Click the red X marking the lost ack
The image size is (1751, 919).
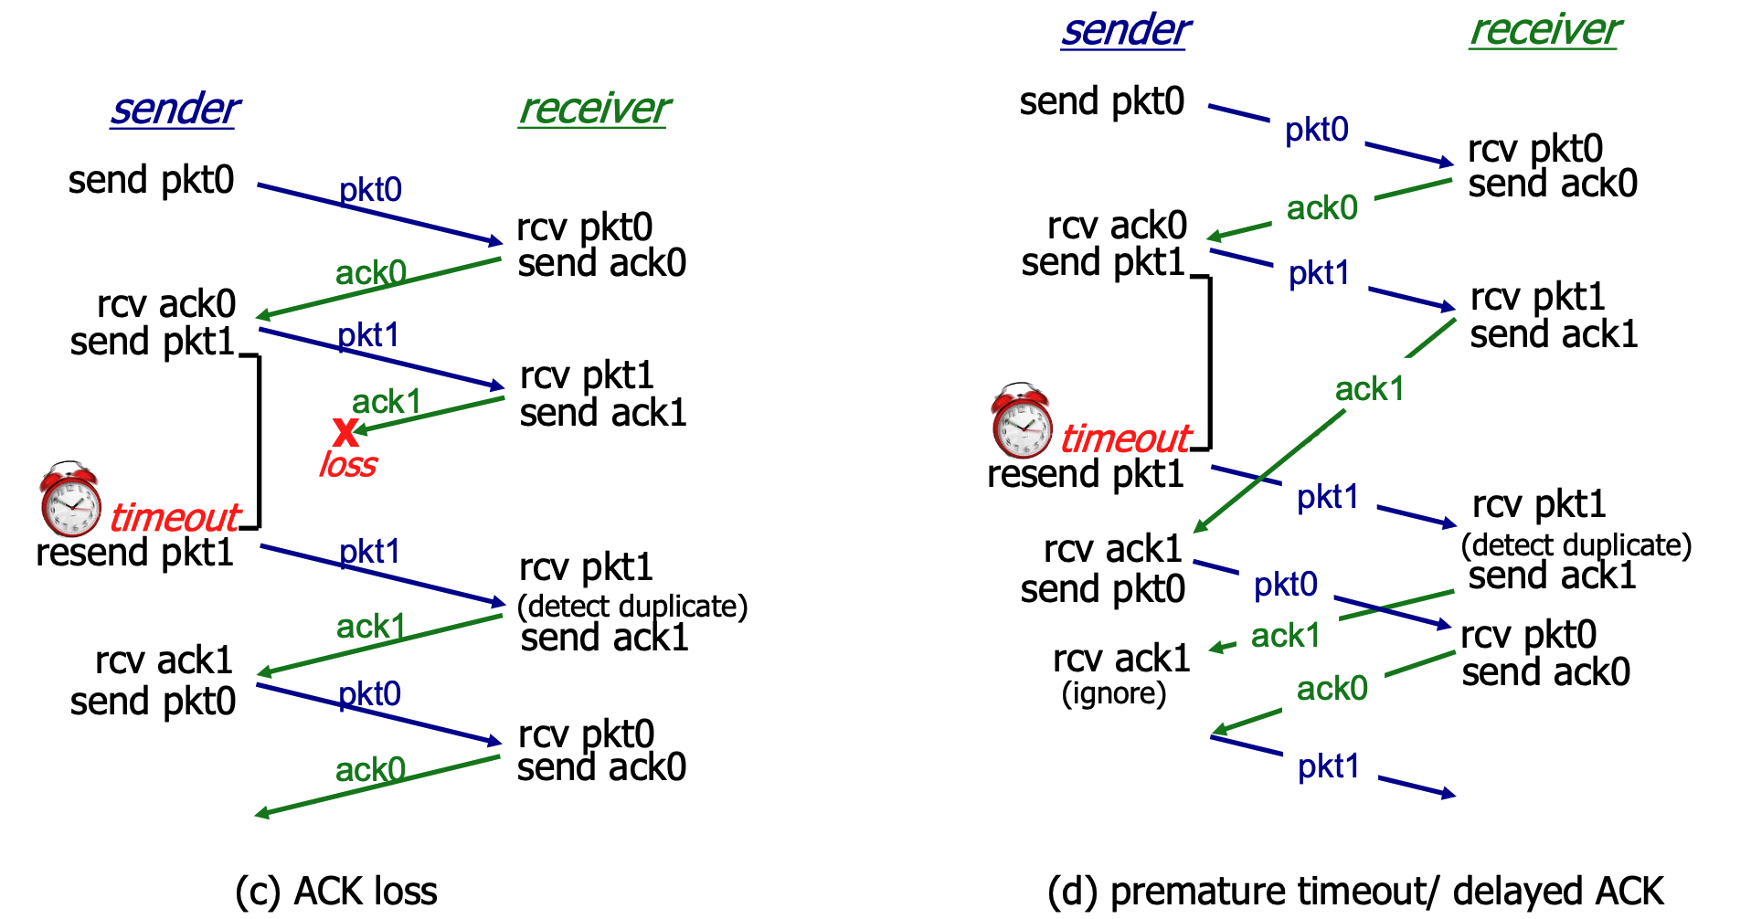pos(345,430)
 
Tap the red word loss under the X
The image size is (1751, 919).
pos(347,465)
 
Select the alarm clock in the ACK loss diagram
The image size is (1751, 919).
pos(70,499)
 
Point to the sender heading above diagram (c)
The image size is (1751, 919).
pos(175,110)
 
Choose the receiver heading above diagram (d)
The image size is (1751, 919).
pos(1544,30)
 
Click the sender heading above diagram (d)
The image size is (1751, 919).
pos(1125,30)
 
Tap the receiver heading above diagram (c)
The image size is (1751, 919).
pos(594,110)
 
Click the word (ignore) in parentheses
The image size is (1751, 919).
pos(1113,694)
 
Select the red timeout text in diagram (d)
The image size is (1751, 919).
pos(1125,439)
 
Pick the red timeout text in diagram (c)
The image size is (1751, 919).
pos(174,518)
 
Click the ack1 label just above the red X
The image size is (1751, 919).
pos(387,401)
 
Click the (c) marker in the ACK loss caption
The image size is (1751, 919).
pos(257,892)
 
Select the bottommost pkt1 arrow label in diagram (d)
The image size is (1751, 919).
pos(1329,766)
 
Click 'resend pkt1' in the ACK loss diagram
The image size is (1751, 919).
pos(134,553)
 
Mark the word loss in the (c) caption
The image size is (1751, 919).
pos(403,892)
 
